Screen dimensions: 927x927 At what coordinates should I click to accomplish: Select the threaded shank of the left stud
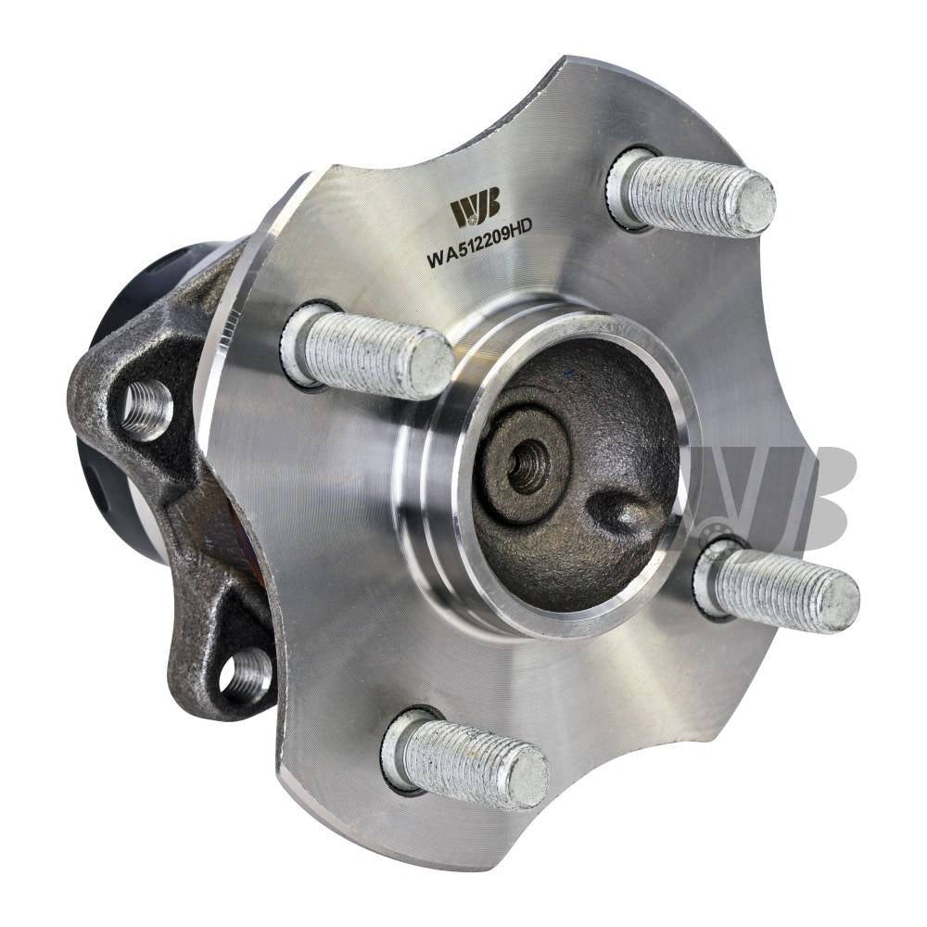click(x=362, y=352)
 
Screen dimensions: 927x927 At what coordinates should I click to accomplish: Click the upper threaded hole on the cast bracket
click(x=146, y=409)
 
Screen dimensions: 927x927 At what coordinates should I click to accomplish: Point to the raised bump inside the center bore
click(x=618, y=512)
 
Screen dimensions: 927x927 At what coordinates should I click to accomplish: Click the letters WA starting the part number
click(x=439, y=261)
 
